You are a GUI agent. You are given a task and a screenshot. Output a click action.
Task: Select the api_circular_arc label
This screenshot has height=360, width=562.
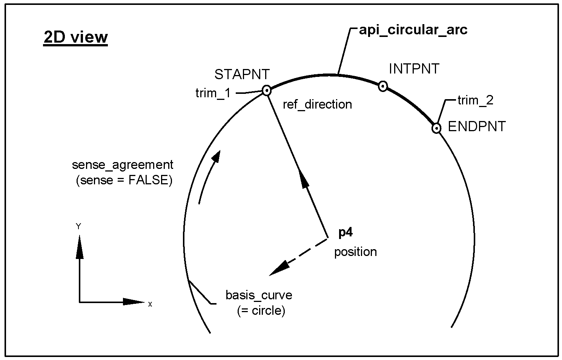[413, 30]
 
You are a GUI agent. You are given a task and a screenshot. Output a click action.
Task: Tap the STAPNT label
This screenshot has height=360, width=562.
[242, 75]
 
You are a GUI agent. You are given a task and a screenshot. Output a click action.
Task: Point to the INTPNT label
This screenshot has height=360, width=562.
[414, 69]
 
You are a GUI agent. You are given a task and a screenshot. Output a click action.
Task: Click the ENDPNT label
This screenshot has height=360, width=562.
[477, 126]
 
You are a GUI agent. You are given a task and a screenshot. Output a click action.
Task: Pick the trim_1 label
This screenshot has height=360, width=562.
[213, 93]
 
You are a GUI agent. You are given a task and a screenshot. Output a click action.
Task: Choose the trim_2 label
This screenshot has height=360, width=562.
[476, 101]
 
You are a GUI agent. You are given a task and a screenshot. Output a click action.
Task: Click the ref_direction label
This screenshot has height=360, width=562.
[317, 104]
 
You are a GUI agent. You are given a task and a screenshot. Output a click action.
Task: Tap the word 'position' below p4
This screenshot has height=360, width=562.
[356, 252]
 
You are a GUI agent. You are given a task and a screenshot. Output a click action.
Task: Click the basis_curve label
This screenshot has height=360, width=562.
[259, 295]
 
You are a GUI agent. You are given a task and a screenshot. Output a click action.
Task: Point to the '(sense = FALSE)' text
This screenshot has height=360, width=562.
[124, 180]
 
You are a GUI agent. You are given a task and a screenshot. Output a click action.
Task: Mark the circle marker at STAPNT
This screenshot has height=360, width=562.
[267, 90]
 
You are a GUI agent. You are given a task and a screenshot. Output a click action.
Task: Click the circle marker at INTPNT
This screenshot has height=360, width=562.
[383, 86]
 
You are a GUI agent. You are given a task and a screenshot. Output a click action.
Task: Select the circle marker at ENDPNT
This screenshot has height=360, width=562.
[436, 129]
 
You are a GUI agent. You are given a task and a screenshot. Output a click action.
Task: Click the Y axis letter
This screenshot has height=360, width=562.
[78, 227]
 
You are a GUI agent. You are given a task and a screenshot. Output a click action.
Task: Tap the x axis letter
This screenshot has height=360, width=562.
[150, 304]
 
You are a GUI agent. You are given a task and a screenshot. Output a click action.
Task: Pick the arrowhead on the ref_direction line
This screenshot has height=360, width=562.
[303, 179]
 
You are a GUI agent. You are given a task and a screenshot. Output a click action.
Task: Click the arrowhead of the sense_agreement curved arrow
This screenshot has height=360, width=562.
[216, 157]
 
